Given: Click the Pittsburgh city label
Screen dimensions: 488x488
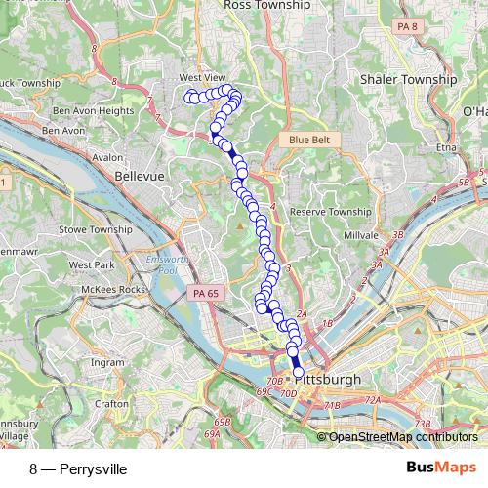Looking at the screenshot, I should coord(333,379).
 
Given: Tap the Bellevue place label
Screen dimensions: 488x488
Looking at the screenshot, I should coord(137,176).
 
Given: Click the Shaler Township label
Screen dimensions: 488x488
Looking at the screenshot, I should coord(408,79).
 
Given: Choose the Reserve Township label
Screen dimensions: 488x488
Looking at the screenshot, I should coord(331,212).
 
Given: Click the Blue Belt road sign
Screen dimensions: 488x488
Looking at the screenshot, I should coord(310,141).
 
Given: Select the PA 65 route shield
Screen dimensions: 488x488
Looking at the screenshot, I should coord(205,292).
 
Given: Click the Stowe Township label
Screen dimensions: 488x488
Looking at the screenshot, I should coord(96,229).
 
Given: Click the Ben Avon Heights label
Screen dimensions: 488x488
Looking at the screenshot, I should coord(94,111).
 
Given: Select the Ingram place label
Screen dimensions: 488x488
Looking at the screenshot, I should coord(107,362).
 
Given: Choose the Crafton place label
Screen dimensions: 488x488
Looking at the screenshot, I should coord(112,402).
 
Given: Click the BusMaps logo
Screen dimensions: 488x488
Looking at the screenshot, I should coord(441,468).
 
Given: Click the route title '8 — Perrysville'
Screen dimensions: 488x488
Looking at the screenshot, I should coord(78,468).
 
